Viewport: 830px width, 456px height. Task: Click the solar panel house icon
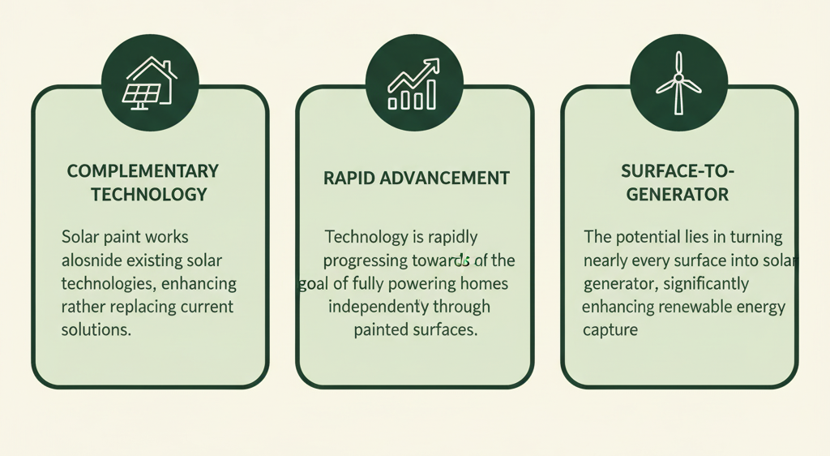150,83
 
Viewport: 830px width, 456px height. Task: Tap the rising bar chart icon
414,84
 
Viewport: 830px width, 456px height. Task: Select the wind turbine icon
678,83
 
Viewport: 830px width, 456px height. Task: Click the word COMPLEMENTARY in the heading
143,171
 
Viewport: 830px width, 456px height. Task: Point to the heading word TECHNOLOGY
149,195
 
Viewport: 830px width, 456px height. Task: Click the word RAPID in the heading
349,178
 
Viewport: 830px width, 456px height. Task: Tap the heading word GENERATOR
678,195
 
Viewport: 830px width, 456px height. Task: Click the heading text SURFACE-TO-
678,171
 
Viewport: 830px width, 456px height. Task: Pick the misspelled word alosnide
92,260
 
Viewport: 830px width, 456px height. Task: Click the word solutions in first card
96,330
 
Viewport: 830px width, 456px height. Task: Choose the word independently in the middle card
379,308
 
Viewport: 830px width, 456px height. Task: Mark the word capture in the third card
610,330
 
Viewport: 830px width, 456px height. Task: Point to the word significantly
706,284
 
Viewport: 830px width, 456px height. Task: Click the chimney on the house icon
167,68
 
